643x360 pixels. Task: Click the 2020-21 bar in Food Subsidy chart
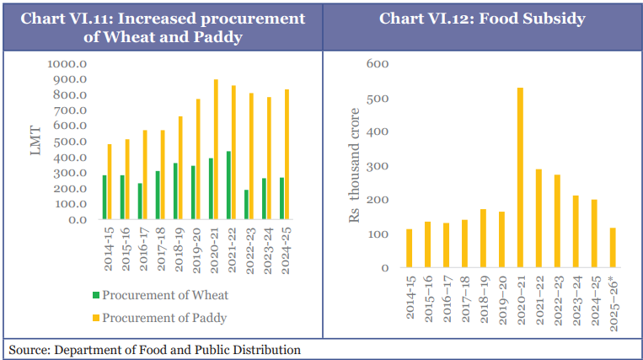[x=520, y=178]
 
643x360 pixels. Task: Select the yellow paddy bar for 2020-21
[x=216, y=149]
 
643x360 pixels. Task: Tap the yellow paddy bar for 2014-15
[x=110, y=182]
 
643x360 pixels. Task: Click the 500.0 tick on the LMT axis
[x=71, y=142]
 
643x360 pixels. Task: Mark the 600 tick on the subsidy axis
[x=378, y=64]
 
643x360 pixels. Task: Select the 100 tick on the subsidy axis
[x=378, y=234]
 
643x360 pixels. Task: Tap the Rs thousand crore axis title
[x=355, y=165]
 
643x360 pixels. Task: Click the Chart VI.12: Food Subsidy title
[x=482, y=18]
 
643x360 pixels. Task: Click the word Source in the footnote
[x=30, y=349]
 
